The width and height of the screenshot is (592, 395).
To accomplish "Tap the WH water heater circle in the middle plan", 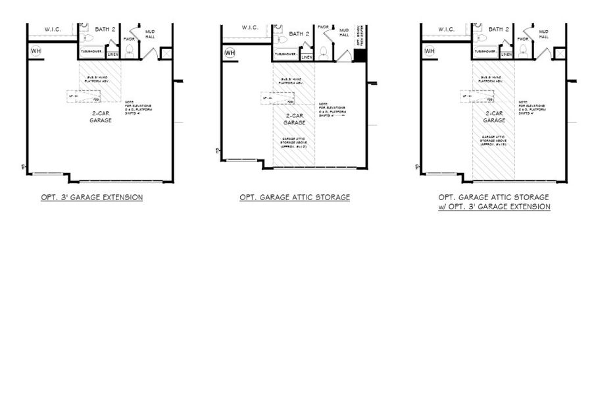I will (x=230, y=52).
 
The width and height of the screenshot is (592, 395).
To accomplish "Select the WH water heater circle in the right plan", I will (x=430, y=51).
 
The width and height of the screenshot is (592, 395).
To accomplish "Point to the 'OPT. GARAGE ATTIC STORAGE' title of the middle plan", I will (x=295, y=197).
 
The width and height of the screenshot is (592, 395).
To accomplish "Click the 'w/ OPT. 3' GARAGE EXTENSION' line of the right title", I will (x=494, y=207).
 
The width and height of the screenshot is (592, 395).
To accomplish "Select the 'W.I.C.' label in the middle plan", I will (x=250, y=28).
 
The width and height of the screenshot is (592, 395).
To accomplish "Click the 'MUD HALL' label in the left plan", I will (x=149, y=34).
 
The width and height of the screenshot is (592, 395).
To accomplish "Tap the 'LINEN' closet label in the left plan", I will (x=112, y=55).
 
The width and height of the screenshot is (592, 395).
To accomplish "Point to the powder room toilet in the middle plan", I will (x=324, y=52).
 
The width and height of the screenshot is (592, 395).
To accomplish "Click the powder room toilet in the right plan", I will (x=524, y=52).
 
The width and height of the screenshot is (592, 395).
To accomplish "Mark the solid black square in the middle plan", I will (x=359, y=55).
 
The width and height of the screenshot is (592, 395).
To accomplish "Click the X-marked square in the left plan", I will (x=166, y=53).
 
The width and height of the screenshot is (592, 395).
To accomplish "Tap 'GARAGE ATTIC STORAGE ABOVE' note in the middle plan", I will (x=294, y=143).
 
